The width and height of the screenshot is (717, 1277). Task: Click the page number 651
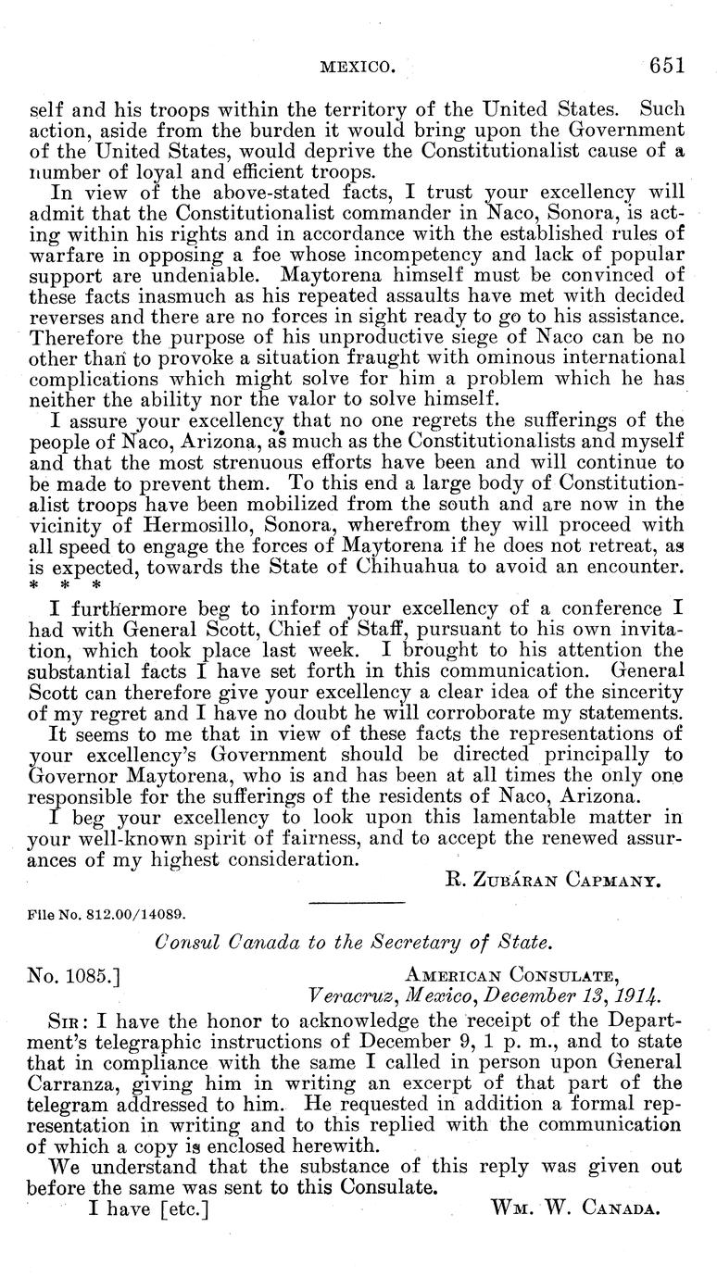[x=666, y=66]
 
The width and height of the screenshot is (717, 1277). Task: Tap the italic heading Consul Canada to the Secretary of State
[x=353, y=943]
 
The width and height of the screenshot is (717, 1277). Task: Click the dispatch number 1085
[x=89, y=973]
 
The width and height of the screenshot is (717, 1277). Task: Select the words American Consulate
[x=512, y=974]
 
